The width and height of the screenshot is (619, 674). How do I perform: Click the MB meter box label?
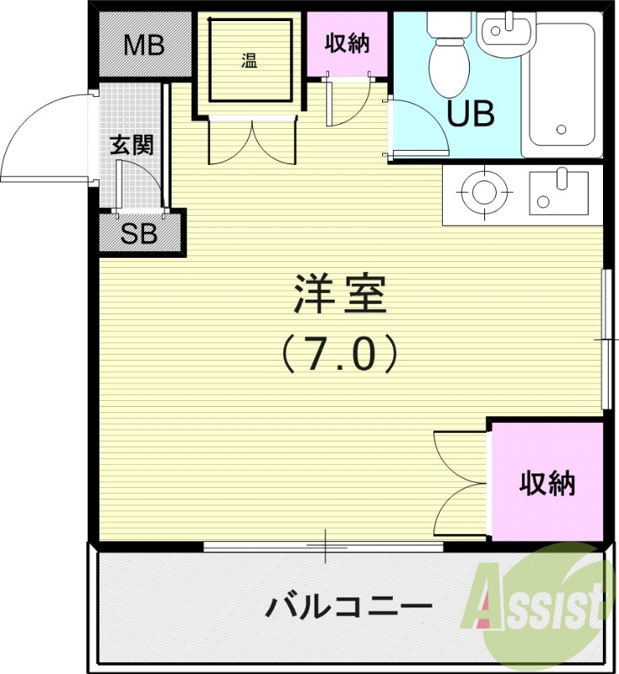144,45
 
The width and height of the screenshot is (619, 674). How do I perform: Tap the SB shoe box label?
139,234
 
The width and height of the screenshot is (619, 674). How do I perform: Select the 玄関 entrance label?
132,145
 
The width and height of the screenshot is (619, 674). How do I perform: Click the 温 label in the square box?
249,60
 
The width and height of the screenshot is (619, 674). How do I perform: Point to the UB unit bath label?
470,114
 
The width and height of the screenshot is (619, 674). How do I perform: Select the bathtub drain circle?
561,130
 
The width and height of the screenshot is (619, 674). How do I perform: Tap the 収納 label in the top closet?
347,43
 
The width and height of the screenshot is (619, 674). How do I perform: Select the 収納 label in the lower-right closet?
546,484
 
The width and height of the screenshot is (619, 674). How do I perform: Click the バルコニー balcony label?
349,606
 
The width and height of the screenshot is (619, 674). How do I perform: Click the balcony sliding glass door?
325,548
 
